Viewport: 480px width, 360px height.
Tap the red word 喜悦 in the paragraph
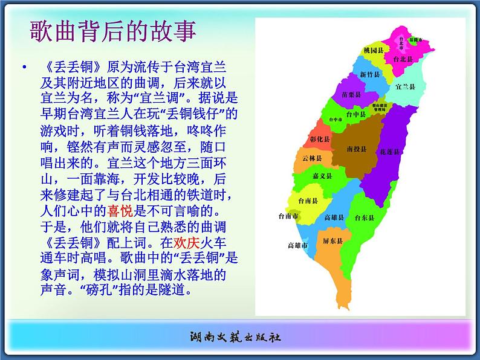pyautogui.click(x=119, y=211)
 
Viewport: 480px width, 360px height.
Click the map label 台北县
pyautogui.click(x=403, y=60)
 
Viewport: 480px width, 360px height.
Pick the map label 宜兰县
pyautogui.click(x=405, y=87)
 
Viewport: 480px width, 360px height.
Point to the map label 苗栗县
pyautogui.click(x=351, y=95)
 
